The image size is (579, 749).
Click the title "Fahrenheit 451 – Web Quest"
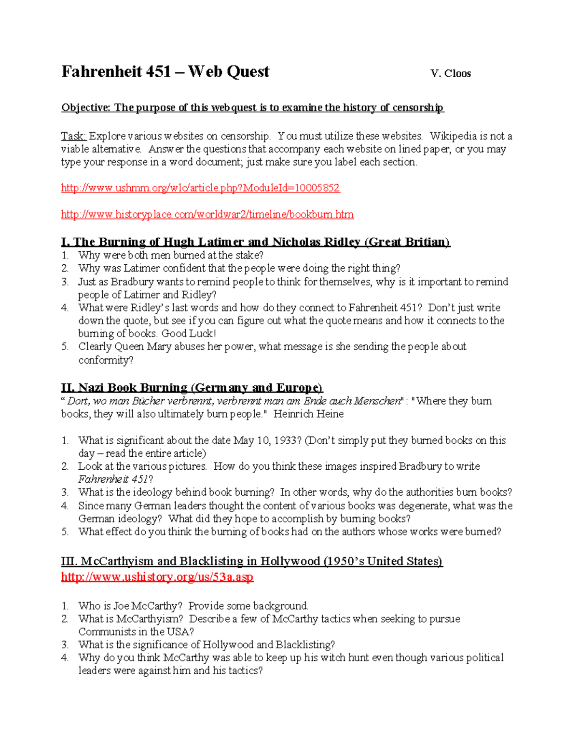165,72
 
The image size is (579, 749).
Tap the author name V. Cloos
450,74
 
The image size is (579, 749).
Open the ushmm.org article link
200,188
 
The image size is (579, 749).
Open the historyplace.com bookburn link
207,214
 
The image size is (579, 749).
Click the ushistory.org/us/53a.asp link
157,577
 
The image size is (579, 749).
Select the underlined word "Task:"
73,136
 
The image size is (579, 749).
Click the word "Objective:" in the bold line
85,108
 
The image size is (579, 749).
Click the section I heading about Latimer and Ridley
255,242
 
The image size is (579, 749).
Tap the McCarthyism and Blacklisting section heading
251,561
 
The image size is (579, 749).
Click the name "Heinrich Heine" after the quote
308,414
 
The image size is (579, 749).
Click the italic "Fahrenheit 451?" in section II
115,479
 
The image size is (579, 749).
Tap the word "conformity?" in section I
106,360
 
